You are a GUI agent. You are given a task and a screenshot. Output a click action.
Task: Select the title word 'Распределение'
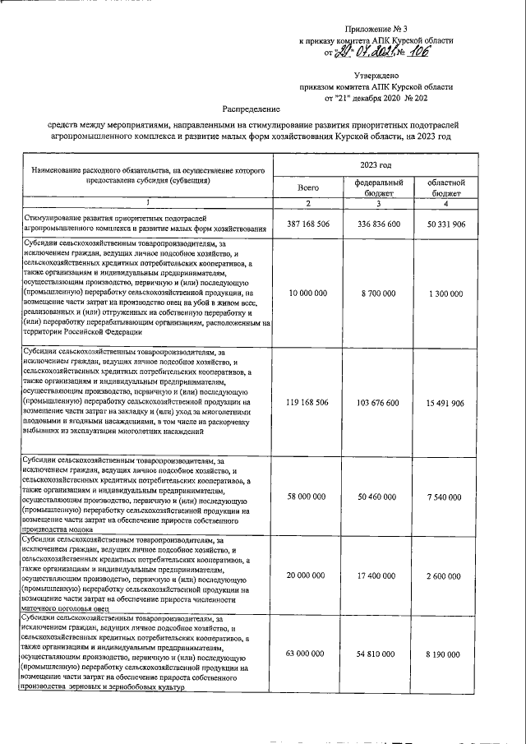point(251,109)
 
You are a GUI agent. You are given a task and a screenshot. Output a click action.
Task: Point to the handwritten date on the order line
point(363,52)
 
